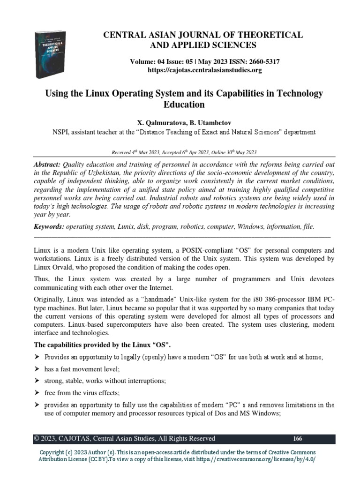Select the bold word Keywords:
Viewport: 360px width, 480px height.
(x=49, y=226)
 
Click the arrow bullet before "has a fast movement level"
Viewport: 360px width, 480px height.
(x=37, y=369)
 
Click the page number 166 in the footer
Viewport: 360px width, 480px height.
(x=297, y=439)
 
